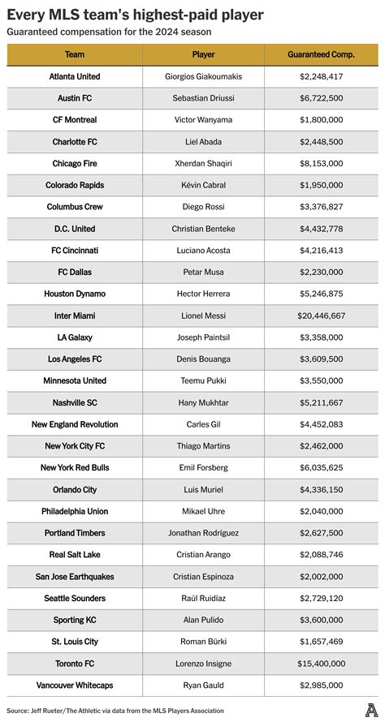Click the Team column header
[x=74, y=54]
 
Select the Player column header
[x=203, y=54]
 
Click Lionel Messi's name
[x=203, y=315]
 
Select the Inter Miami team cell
[x=74, y=315]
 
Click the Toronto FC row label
[x=74, y=663]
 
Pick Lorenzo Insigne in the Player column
[x=203, y=663]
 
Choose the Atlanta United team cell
[x=74, y=76]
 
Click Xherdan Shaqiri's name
[x=203, y=163]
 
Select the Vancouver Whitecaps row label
[x=74, y=685]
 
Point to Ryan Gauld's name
[x=203, y=685]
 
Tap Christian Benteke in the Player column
[x=203, y=229]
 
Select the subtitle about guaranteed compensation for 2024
[x=109, y=31]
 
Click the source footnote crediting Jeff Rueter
[x=115, y=711]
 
